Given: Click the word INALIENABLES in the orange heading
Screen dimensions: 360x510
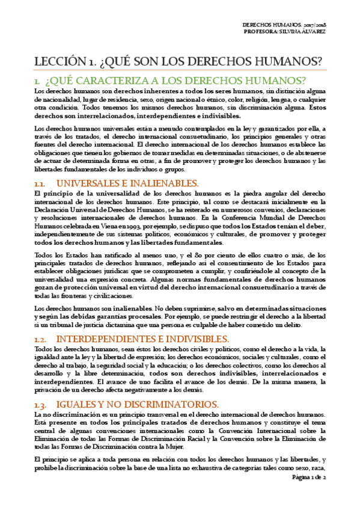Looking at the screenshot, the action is [x=165, y=182].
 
